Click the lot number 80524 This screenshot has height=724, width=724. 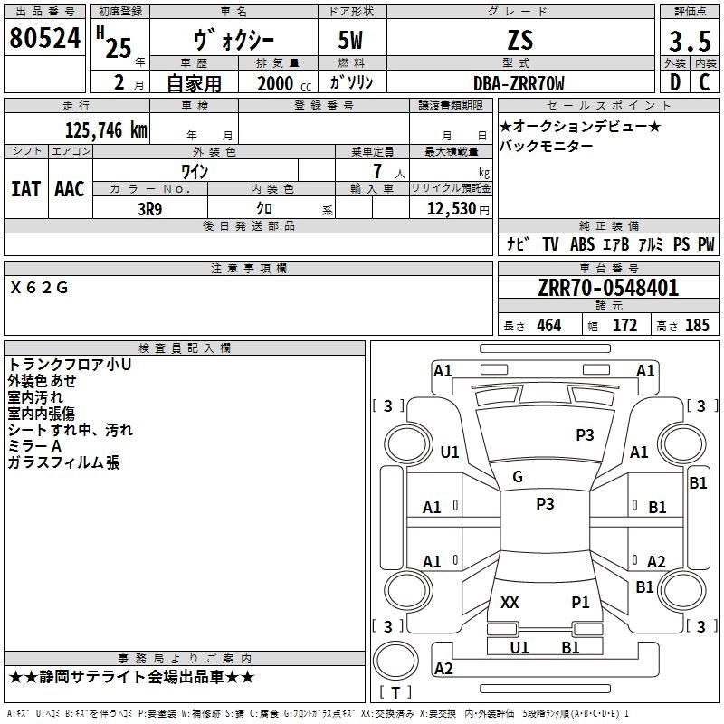[44, 38]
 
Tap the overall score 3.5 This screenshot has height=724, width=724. [690, 41]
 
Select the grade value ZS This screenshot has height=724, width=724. [520, 40]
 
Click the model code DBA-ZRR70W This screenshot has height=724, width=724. [519, 83]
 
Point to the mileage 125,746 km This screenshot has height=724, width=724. [106, 130]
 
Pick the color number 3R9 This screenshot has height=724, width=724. [150, 209]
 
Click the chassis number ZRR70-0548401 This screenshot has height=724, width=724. [608, 288]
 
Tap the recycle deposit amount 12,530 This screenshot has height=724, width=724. [452, 209]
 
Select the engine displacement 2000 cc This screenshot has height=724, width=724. [284, 83]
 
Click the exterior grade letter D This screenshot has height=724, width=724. [674, 82]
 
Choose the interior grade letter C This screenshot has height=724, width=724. [704, 82]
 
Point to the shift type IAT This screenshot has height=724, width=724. [26, 189]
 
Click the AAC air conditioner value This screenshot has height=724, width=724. [70, 189]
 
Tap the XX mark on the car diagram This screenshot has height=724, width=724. [510, 602]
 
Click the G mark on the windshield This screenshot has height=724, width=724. [518, 477]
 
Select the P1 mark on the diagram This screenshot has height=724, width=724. [580, 602]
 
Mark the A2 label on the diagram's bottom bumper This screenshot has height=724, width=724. [443, 668]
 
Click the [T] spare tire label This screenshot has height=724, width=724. [395, 692]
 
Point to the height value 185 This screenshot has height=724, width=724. [697, 325]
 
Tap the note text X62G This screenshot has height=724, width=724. [39, 288]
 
